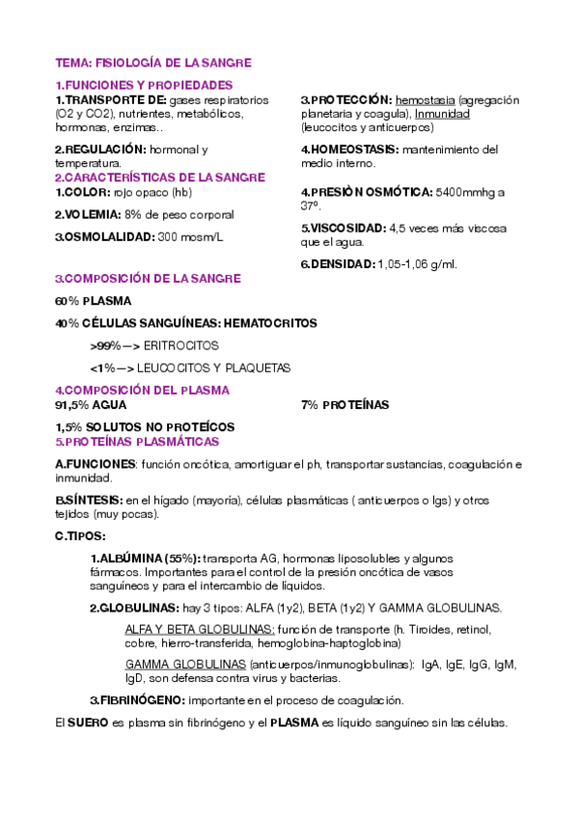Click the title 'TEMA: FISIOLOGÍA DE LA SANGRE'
point(153,63)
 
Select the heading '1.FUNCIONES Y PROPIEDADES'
point(144,86)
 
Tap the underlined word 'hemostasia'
point(426,99)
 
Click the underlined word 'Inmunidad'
point(442,113)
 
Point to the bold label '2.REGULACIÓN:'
point(100,150)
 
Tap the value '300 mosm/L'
point(190,236)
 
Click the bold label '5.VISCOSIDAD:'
point(343,229)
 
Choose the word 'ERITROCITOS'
point(181,344)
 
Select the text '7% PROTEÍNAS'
point(345,405)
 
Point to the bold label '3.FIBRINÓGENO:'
point(138,700)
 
